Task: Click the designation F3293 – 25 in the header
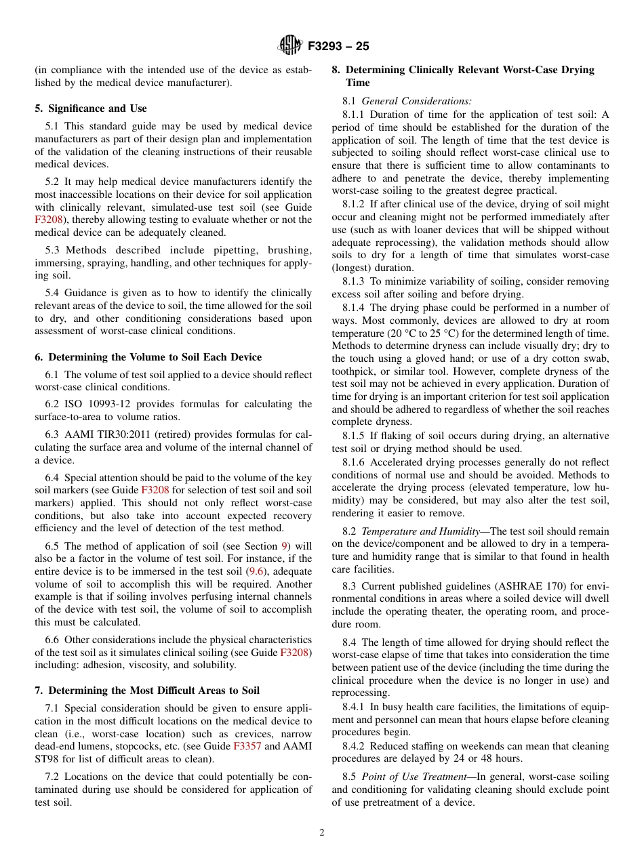(338, 47)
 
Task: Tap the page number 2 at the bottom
(322, 833)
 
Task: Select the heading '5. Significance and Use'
(91, 108)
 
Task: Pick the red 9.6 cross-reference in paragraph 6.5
(256, 571)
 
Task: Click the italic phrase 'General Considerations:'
(417, 101)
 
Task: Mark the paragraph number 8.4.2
(356, 746)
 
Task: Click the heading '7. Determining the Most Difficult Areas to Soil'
(147, 691)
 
